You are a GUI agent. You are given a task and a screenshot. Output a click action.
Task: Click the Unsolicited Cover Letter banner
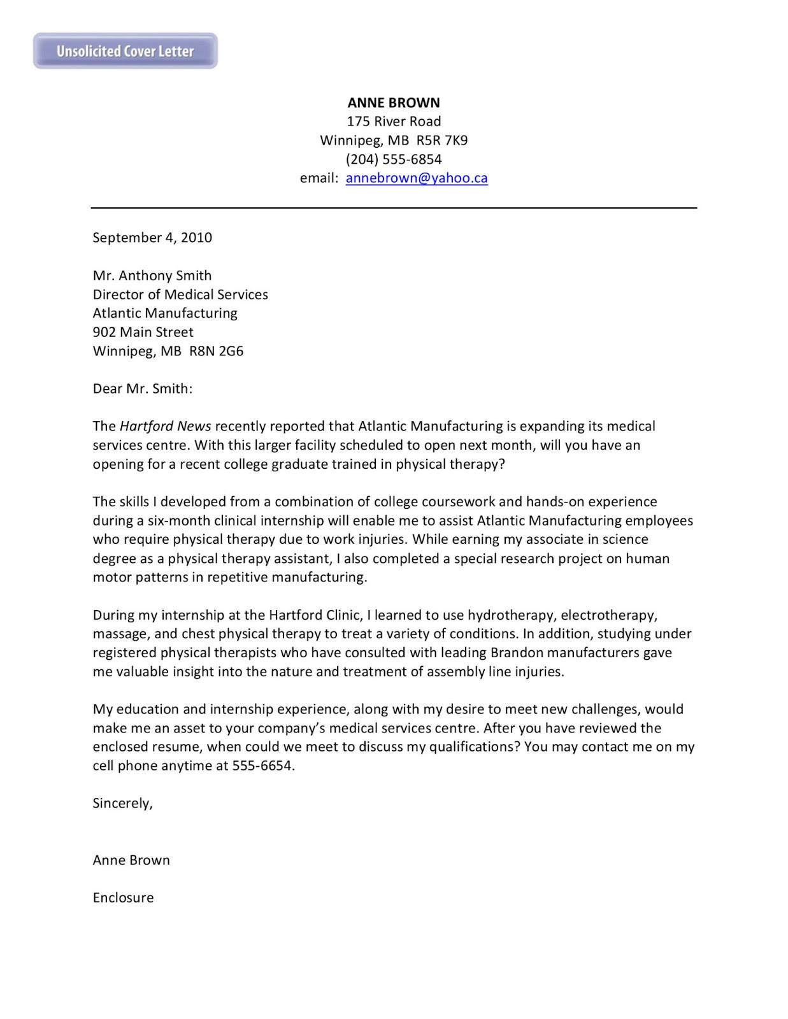point(125,51)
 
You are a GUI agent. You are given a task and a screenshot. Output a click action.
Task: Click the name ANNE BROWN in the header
point(394,103)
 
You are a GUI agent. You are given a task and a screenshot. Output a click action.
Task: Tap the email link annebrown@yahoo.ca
point(417,178)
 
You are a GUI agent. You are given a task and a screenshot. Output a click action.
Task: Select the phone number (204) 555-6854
point(394,159)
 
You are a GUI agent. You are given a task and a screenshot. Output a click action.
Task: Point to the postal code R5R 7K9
point(441,140)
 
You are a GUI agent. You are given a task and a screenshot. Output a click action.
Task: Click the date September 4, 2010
point(152,238)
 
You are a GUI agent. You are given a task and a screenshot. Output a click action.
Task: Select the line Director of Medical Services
point(180,294)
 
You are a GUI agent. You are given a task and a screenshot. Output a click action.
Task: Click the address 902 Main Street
point(143,332)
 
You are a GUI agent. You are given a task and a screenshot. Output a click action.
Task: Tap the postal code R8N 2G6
point(217,351)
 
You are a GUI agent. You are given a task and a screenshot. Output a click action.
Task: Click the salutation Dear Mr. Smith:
point(143,388)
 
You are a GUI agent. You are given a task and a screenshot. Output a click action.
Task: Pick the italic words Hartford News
point(166,426)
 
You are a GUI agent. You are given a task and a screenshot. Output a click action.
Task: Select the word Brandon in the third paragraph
point(517,653)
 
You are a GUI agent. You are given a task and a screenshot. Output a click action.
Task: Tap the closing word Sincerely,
point(123,803)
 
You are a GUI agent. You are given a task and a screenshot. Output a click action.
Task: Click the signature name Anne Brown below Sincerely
point(131,860)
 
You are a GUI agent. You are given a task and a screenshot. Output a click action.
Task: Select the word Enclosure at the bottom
point(123,897)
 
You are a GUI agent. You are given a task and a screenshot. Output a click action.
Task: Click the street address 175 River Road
point(394,122)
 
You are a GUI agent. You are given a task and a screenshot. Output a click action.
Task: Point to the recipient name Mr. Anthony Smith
point(152,276)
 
